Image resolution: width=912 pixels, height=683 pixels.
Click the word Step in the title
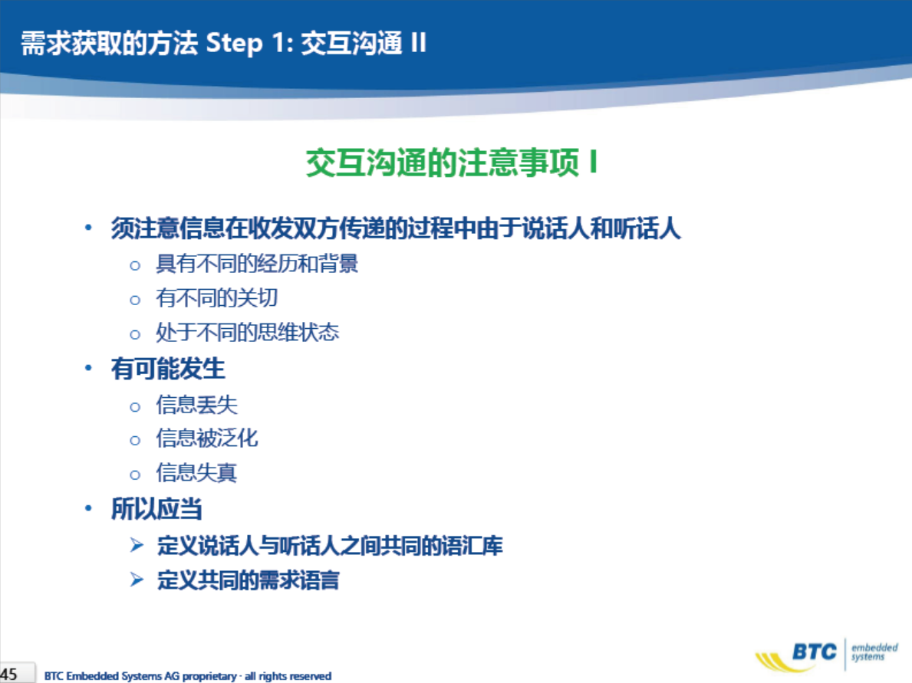coord(235,44)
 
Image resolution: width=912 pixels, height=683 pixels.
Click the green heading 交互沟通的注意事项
coord(443,163)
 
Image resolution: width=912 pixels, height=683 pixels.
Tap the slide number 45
coord(8,675)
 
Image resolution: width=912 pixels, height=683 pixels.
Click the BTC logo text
coord(815,652)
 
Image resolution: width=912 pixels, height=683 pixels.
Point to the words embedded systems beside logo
coord(874,652)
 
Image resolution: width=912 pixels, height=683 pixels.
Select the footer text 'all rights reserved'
coord(288,676)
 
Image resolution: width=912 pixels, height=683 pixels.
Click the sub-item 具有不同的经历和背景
coord(256,264)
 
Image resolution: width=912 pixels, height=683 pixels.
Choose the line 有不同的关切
coord(216,298)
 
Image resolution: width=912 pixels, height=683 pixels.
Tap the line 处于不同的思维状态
coord(247,333)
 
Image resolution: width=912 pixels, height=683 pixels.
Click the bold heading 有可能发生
coord(168,369)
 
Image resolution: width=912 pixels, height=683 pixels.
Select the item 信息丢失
coord(196,406)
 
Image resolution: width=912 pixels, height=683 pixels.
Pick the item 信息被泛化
coord(206,438)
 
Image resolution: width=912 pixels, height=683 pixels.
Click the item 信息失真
coord(196,472)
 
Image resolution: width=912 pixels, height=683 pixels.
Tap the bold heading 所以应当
coord(156,509)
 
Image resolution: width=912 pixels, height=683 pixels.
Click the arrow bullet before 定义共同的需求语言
coord(137,580)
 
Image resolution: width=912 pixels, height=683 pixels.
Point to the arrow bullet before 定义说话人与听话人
coord(137,545)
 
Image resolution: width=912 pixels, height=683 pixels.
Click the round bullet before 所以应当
coord(88,509)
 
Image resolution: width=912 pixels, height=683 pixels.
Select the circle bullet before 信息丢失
coord(135,407)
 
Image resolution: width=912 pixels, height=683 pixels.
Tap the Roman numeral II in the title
coord(418,42)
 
